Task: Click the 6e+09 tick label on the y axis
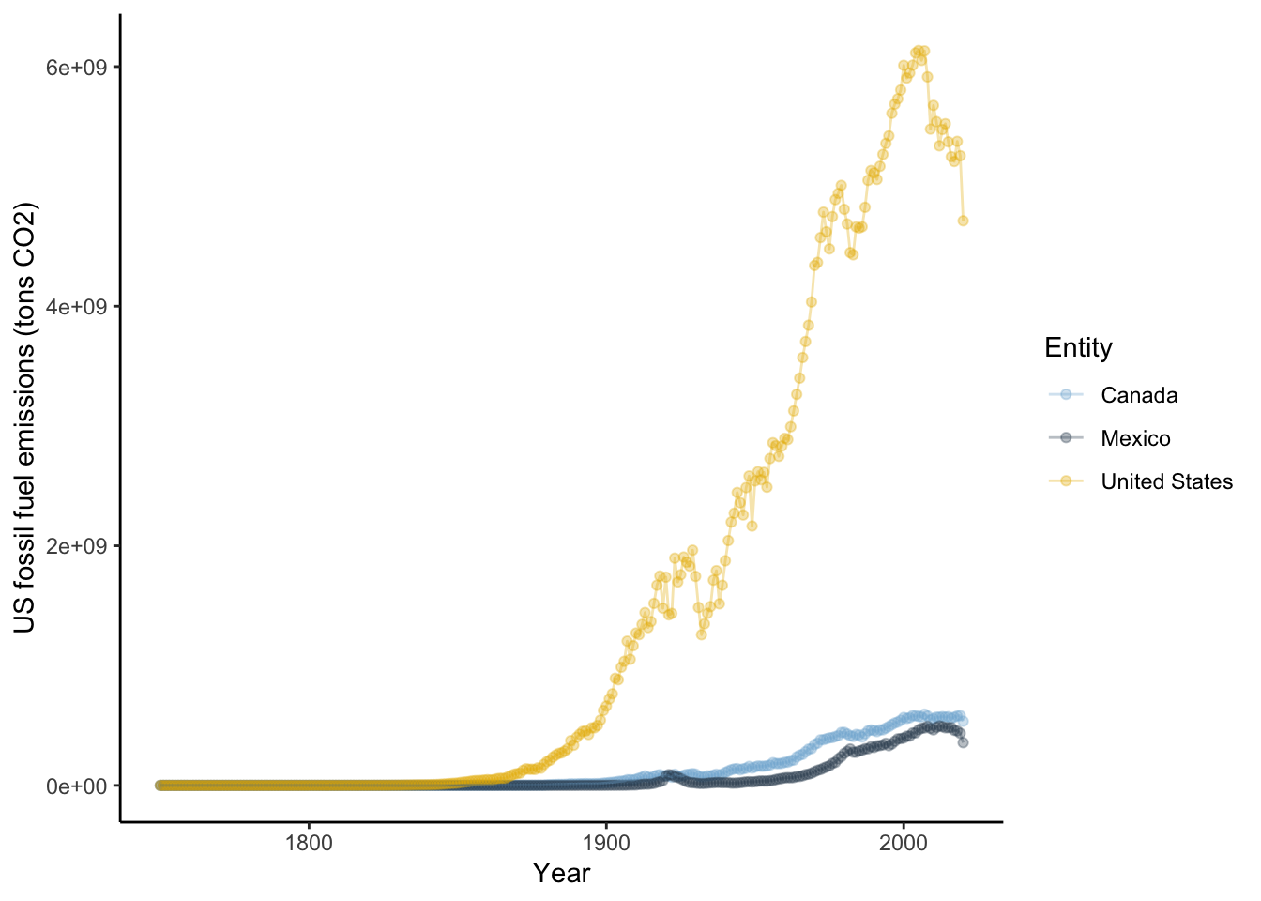coord(78,68)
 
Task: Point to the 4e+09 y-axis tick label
coord(78,307)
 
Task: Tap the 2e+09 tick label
coord(78,546)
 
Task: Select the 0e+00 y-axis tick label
coord(78,786)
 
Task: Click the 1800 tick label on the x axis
coord(308,843)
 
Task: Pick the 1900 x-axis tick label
coord(605,843)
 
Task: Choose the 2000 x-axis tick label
coord(903,843)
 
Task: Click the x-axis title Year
coord(561,874)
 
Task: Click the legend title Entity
coord(1078,348)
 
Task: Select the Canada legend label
coord(1139,395)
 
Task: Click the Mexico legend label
coord(1135,438)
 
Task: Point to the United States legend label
coord(1166,481)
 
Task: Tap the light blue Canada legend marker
coord(1066,395)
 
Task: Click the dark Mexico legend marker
coord(1066,438)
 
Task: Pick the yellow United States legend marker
coord(1066,481)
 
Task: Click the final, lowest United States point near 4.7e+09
coord(963,221)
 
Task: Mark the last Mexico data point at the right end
coord(963,742)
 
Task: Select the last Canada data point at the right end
coord(963,721)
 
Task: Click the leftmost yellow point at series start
coord(160,786)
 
